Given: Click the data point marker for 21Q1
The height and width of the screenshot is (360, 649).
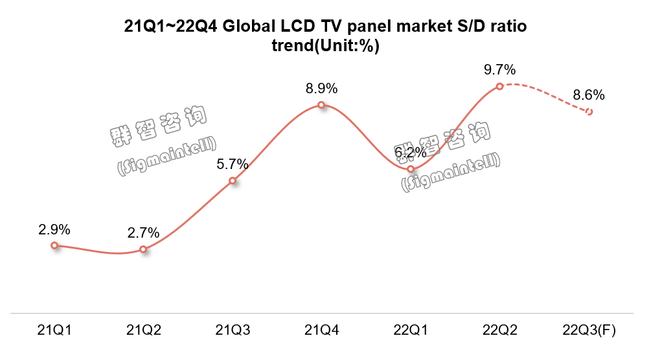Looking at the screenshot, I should point(54,245).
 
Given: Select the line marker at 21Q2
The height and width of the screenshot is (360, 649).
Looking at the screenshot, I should point(144,249).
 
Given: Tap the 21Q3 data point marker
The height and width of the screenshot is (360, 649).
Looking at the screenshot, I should point(233,181).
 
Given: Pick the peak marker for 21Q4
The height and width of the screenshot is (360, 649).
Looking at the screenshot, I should point(321,105).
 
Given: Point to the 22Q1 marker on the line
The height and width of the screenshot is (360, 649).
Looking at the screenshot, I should point(411,169).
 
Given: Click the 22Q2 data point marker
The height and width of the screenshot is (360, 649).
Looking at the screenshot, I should point(499,85).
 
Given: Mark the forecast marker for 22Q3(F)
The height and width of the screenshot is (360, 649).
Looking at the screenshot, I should point(589,112).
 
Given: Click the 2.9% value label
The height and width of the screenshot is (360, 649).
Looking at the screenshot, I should point(54,229).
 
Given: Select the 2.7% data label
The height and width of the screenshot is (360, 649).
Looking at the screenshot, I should point(144,233).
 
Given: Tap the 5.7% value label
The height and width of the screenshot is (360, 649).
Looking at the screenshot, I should point(233,164).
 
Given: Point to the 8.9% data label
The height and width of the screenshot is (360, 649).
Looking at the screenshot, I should point(321,89).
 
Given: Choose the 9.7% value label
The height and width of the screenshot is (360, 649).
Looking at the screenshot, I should point(499,69).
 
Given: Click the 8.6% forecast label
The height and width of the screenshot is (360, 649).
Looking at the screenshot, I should point(589,95).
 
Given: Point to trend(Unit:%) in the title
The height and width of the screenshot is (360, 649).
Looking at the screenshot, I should point(324,46).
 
